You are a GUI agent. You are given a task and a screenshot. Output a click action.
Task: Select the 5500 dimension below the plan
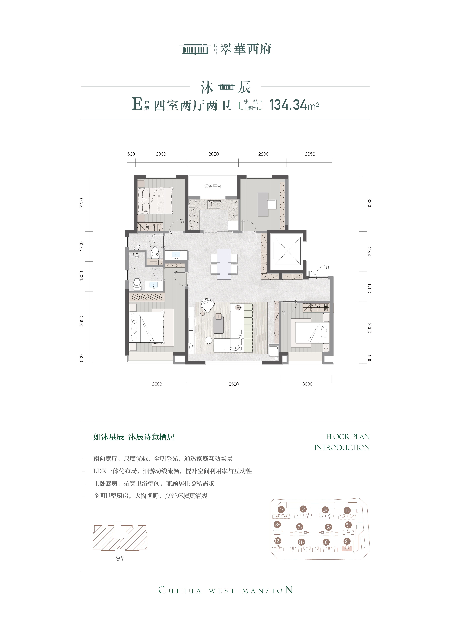pyautogui.click(x=234, y=384)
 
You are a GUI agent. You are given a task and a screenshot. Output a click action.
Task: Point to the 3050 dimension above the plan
pyautogui.click(x=214, y=154)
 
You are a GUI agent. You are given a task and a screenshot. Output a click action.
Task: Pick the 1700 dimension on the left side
pyautogui.click(x=81, y=246)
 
